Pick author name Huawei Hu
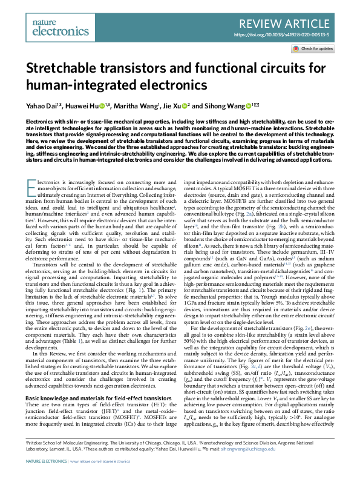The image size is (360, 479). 81,106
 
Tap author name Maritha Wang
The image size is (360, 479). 134,106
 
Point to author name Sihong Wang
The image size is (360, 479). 219,106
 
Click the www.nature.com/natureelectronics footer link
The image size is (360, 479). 103,461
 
